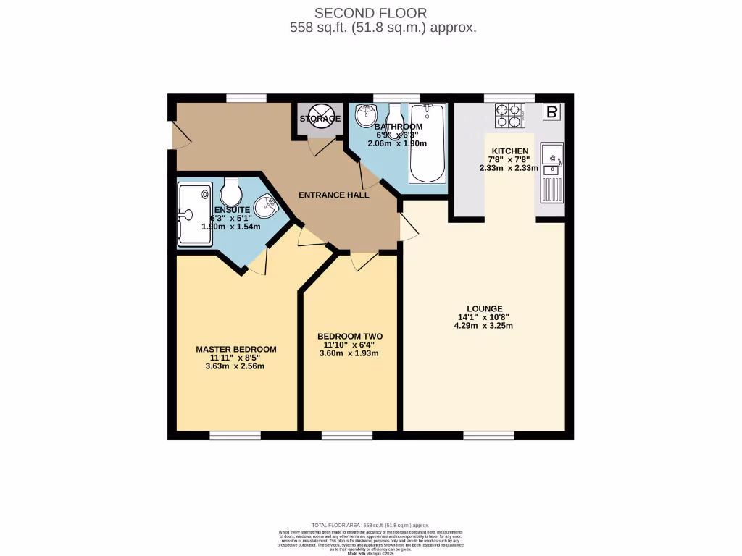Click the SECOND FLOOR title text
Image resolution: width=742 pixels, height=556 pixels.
[370, 12]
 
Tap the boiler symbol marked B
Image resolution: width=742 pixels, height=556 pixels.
[552, 112]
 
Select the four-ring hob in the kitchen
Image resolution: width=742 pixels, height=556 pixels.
[509, 116]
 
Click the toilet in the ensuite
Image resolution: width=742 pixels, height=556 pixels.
[231, 192]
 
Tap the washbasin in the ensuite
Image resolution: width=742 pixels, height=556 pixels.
[266, 207]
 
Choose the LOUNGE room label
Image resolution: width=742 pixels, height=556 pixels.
[485, 308]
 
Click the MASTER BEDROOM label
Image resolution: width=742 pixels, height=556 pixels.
[236, 349]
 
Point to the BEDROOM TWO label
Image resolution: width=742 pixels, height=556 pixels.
[350, 337]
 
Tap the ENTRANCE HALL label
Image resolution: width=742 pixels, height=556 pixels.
[334, 195]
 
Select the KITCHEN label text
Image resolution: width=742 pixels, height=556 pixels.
[509, 151]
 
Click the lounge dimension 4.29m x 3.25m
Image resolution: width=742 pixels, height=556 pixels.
[484, 326]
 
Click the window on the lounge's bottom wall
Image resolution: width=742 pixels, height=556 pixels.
[488, 435]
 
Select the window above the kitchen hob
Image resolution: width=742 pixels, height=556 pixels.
[509, 98]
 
